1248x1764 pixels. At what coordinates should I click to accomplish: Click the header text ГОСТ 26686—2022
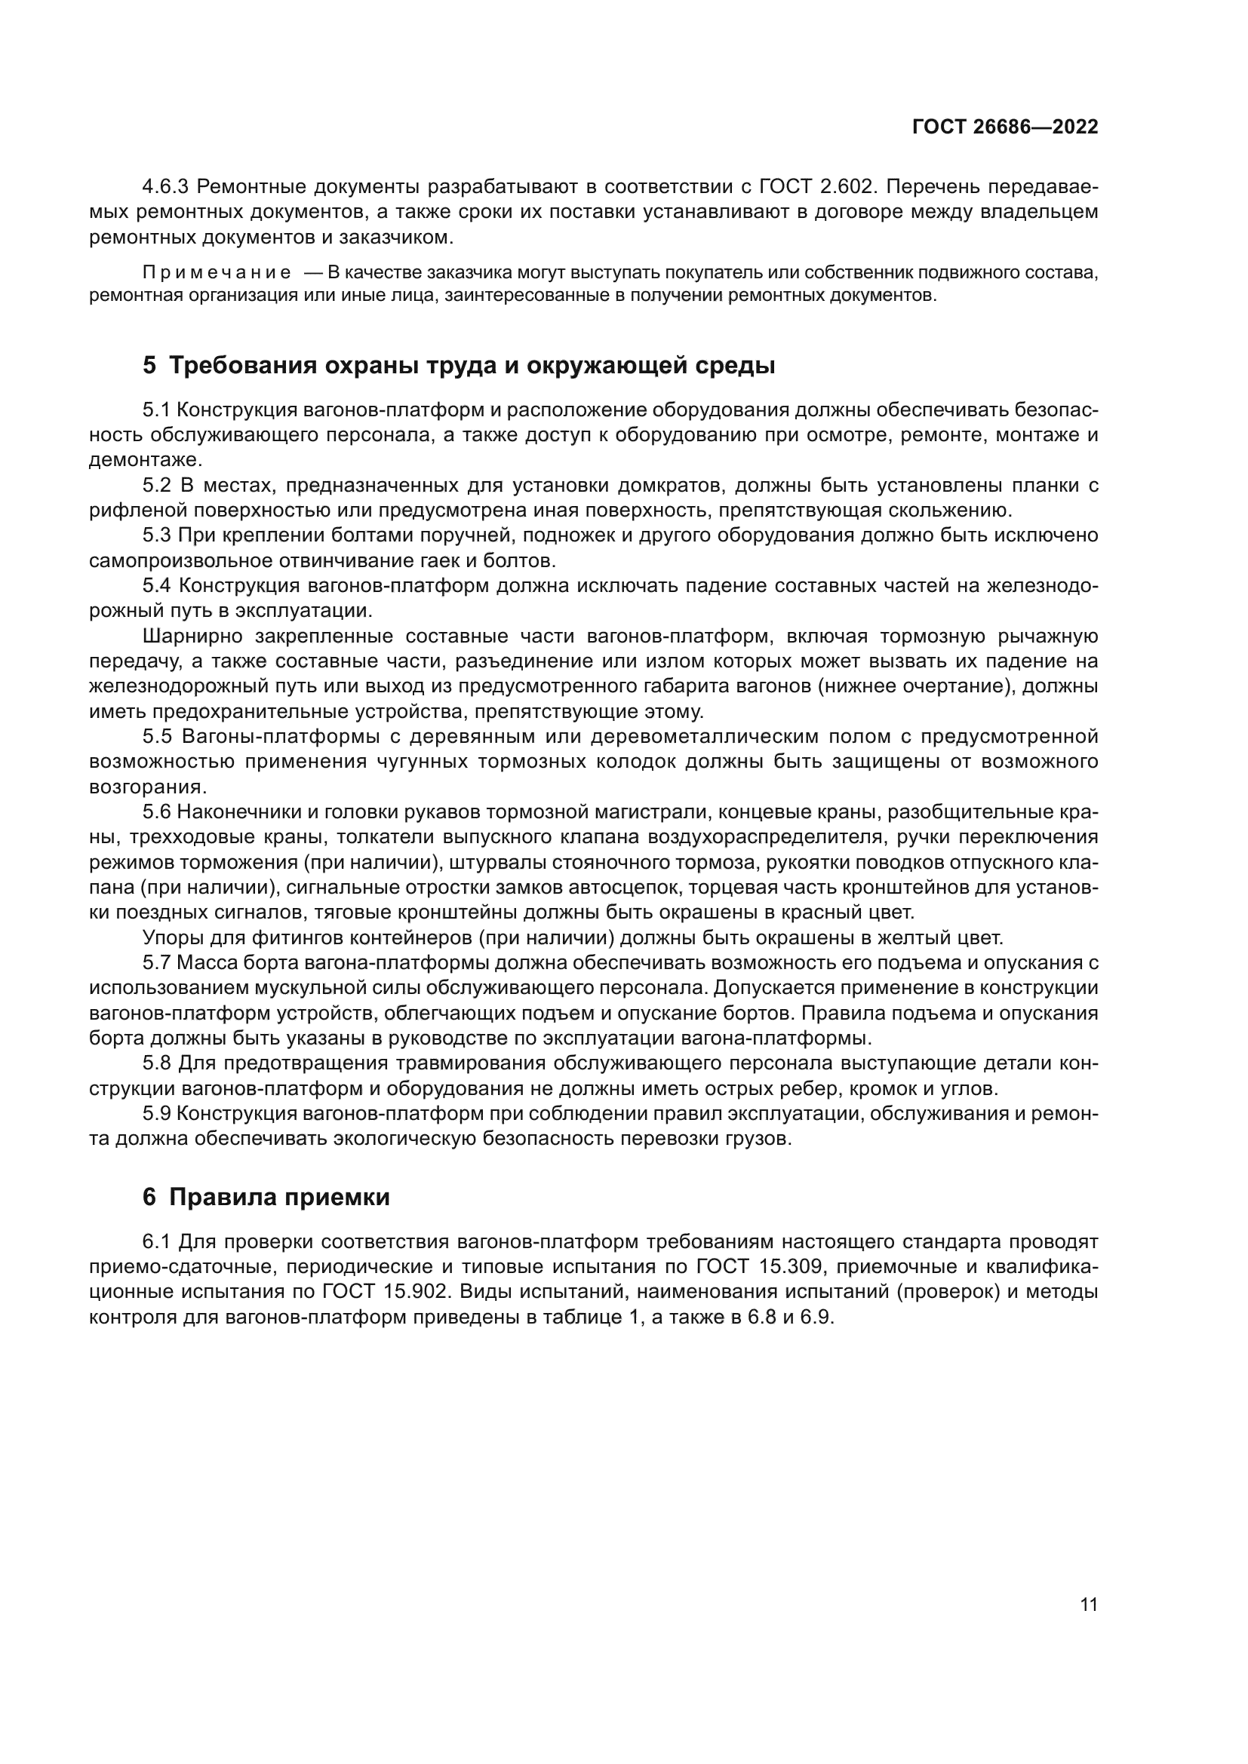1004,127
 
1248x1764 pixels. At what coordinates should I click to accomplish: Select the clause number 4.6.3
167,187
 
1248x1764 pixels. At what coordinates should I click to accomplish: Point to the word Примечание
217,273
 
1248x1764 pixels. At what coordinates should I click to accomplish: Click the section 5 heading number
149,366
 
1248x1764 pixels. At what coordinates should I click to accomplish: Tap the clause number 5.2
157,486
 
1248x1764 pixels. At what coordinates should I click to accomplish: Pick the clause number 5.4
157,585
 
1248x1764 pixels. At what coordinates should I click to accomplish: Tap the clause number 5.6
157,812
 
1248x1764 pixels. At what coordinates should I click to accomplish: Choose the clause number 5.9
157,1113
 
